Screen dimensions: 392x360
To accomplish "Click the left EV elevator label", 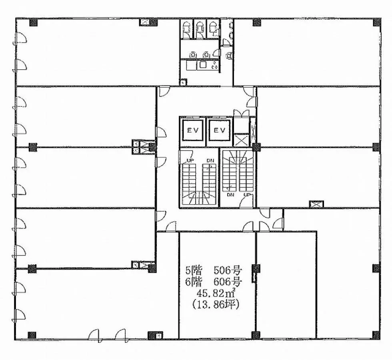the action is pyautogui.click(x=193, y=131).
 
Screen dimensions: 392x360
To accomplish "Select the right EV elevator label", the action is pyautogui.click(x=220, y=131).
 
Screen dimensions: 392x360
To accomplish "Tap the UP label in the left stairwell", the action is pyautogui.click(x=190, y=161).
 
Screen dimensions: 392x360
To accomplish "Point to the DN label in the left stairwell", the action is pyautogui.click(x=210, y=161).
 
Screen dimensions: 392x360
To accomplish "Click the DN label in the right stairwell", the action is pyautogui.click(x=230, y=195).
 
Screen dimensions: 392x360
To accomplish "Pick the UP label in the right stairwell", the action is pyautogui.click(x=247, y=195).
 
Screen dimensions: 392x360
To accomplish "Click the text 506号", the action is pyautogui.click(x=228, y=270).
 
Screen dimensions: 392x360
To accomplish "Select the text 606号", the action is pyautogui.click(x=228, y=282).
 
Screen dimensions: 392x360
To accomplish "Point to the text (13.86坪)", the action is pyautogui.click(x=216, y=304).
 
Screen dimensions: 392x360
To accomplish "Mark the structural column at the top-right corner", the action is pyautogui.click(x=377, y=22).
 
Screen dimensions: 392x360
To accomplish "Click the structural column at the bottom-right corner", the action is pyautogui.click(x=376, y=335).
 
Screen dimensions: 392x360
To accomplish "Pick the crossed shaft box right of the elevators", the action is pyautogui.click(x=241, y=140).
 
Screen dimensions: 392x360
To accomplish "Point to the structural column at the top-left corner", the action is pyautogui.click(x=34, y=22).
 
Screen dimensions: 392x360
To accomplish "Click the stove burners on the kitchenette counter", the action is pyautogui.click(x=214, y=66).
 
